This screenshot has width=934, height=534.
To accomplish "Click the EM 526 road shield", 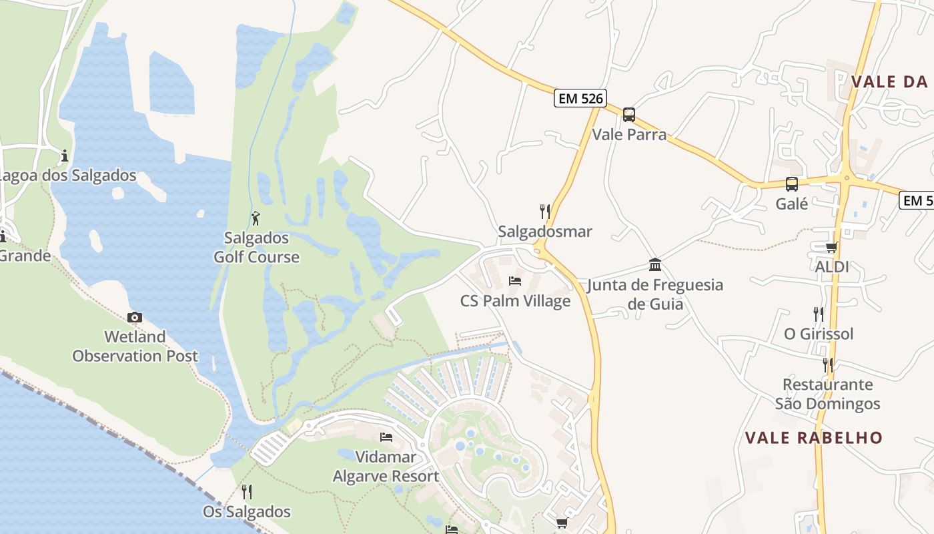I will point(580,99).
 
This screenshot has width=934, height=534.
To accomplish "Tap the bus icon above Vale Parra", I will point(628,115).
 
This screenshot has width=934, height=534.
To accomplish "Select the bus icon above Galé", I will point(792,184).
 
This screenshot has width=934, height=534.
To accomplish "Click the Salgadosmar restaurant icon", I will point(545,212).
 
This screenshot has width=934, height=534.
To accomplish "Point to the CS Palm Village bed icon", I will point(515,281).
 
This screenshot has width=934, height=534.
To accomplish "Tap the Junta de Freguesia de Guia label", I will point(655,294).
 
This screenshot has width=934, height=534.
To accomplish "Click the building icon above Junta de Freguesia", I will point(655,265).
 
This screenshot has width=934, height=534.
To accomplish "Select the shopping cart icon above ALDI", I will point(831,248).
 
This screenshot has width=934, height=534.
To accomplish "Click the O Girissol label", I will point(819,334).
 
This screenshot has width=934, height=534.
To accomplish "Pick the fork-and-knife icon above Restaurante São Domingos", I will point(827,364).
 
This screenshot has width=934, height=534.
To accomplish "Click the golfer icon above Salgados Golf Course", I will point(256,218).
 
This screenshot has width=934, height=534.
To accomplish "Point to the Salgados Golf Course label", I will point(257,248).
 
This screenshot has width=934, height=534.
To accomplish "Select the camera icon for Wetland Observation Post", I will point(135,318).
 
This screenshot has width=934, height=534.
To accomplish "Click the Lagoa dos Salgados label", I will point(67,176).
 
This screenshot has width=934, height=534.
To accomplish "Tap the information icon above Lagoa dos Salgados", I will point(65,156).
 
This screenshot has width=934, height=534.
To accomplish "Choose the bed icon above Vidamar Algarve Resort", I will point(386,438).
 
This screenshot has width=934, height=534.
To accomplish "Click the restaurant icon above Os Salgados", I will point(247,492).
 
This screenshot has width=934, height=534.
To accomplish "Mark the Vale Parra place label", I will point(629,134).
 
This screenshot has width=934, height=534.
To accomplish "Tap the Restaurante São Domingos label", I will point(827,394).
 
